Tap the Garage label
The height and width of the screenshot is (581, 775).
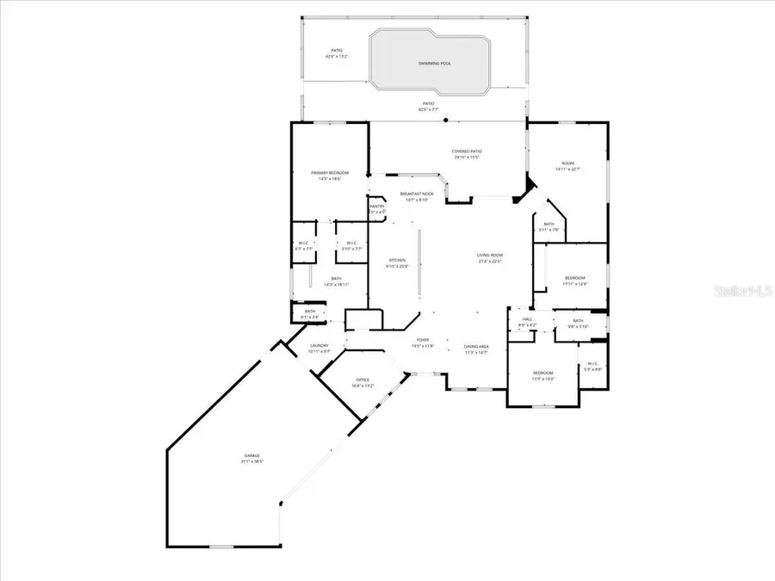pos(251,456)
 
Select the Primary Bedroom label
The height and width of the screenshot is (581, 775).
pos(330,173)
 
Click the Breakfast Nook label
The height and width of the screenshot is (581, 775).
pos(417,195)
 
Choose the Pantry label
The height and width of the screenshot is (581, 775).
pos(377,207)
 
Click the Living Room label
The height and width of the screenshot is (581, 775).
pos(490,256)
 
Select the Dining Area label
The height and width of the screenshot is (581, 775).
pos(476,346)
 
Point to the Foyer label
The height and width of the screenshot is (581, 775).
pos(423,340)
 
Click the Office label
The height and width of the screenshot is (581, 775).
pos(363,380)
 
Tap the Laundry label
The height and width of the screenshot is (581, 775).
pos(319,346)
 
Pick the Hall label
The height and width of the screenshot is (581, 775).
pos(527,318)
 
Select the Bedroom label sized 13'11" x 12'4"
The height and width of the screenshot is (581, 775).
pos(574,278)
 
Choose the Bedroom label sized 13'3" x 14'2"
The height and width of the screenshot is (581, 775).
pos(542,373)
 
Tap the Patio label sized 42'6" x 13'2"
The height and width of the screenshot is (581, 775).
pos(337,52)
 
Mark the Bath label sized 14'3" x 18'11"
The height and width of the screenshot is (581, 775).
pos(338,279)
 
